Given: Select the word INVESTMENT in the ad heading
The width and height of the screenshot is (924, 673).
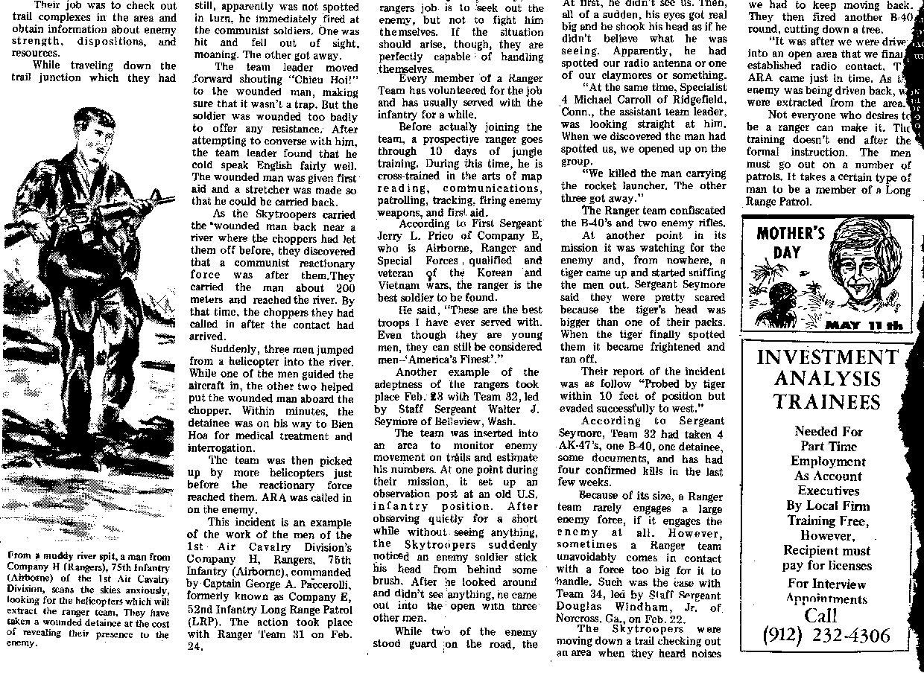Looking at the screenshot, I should (x=827, y=357).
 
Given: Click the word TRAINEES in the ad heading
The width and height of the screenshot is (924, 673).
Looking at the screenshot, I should (x=826, y=402).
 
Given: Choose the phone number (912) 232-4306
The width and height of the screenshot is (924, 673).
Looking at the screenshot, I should (x=826, y=636).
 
